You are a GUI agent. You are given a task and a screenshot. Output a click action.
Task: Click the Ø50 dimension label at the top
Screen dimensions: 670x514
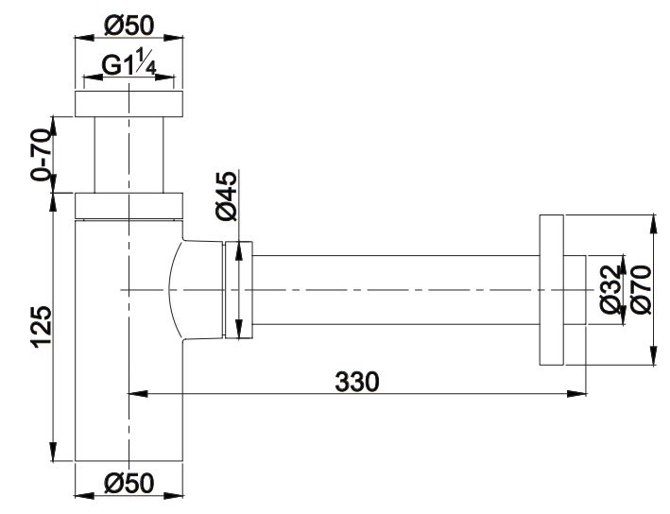(129, 26)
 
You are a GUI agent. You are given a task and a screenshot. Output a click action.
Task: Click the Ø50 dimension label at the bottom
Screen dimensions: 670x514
(129, 483)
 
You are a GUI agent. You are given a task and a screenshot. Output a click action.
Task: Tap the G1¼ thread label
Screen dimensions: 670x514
(129, 63)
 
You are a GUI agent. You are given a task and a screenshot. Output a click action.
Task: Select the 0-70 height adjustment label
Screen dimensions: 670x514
(42, 154)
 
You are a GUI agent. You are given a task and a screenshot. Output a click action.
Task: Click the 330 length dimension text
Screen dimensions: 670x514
(357, 382)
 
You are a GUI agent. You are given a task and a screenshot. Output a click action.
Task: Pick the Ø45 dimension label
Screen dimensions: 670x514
(226, 197)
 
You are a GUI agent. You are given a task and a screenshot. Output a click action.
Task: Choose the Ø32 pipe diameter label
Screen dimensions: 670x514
(610, 289)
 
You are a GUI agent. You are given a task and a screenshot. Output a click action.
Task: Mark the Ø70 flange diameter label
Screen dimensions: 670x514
(641, 289)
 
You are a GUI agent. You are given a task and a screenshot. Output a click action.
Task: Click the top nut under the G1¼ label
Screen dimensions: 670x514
(129, 103)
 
